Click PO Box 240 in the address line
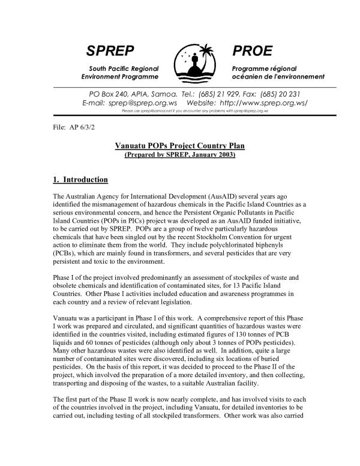click(x=96, y=94)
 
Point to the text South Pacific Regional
click(x=124, y=68)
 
